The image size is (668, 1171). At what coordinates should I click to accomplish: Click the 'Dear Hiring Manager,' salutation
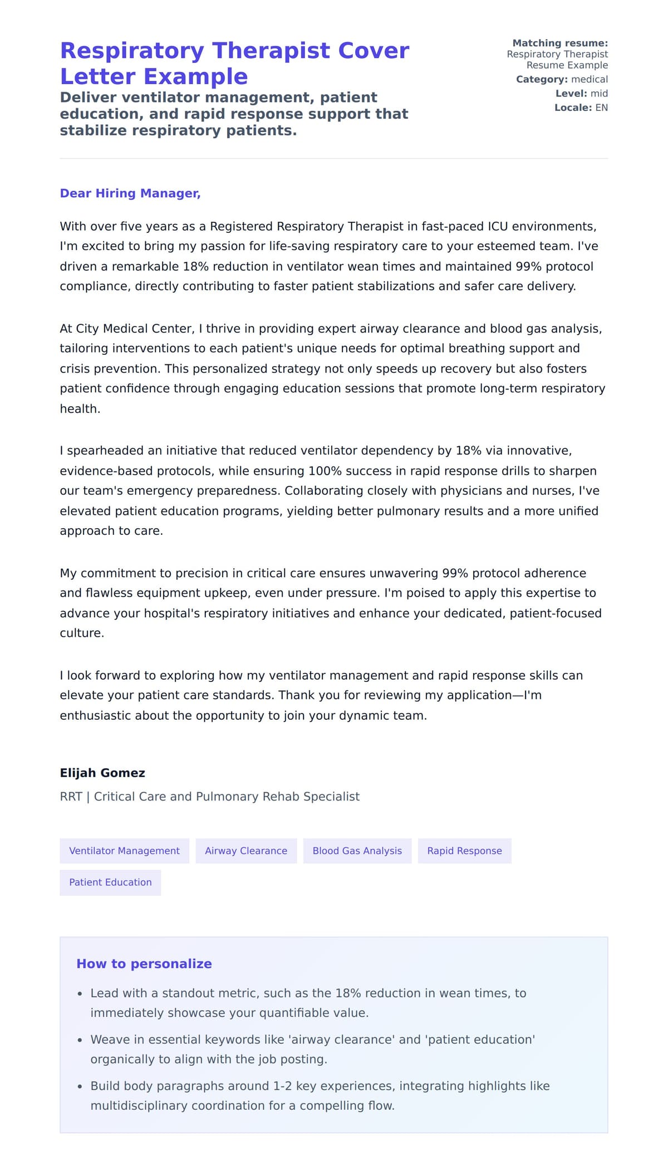130,193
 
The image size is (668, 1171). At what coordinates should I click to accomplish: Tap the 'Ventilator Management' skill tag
124,851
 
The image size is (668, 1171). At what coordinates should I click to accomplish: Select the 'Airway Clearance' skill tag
245,851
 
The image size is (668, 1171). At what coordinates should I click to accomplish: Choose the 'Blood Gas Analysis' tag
357,851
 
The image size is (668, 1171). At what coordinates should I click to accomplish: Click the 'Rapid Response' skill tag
464,851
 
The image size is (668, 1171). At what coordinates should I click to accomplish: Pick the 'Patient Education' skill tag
110,882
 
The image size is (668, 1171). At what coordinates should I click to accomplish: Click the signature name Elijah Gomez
102,773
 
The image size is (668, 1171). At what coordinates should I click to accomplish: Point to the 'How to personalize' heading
144,964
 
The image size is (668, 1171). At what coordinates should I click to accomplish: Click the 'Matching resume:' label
559,43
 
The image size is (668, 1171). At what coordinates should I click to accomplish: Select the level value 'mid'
599,94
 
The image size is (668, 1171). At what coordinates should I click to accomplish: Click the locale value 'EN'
601,108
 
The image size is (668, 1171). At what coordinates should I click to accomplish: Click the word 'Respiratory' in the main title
132,51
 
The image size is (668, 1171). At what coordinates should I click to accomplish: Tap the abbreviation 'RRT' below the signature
71,797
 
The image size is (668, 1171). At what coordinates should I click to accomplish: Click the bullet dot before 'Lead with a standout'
80,994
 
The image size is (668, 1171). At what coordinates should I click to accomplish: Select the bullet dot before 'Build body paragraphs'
80,1086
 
